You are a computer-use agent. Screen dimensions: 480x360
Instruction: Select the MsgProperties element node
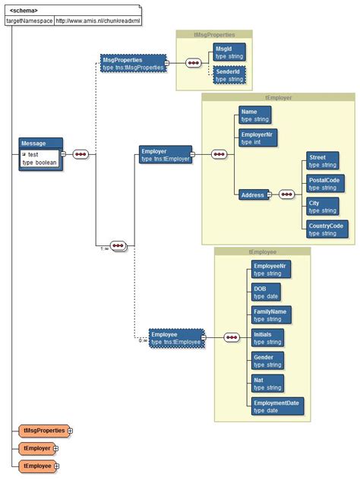click(132, 63)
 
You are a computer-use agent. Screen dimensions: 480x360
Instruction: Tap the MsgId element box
click(230, 52)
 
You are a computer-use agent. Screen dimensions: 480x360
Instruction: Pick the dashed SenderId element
click(230, 74)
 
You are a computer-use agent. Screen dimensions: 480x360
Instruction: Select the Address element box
click(253, 195)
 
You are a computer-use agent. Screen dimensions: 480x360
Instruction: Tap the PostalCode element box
click(325, 183)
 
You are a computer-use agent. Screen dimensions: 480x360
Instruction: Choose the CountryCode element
click(327, 229)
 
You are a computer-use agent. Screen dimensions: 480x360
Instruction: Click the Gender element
click(268, 360)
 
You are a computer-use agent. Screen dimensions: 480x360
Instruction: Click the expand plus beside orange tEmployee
click(56, 466)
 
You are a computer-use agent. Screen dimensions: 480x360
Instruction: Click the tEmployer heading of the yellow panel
click(278, 98)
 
